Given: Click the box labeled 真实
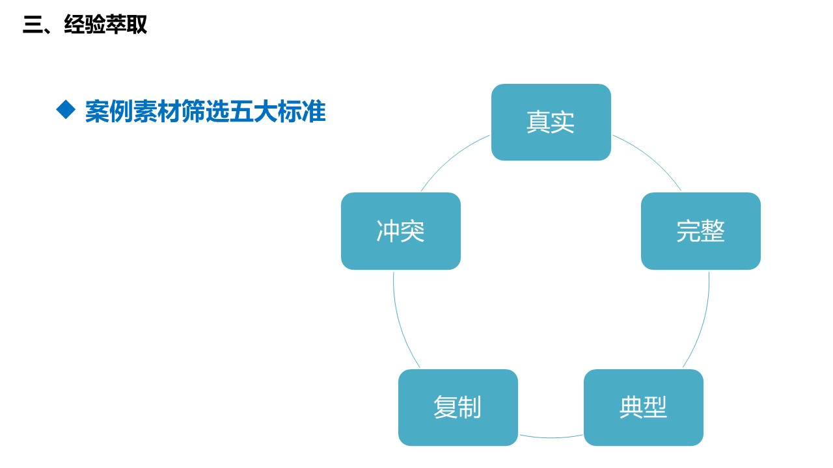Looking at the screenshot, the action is click(551, 122).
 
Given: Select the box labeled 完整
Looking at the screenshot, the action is click(701, 231).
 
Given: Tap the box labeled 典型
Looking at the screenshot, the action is click(644, 408).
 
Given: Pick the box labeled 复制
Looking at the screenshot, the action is click(457, 408).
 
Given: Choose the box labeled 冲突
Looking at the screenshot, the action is click(400, 231).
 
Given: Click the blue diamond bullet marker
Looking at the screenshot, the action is click(66, 110).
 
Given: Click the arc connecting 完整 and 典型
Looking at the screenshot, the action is click(703, 322).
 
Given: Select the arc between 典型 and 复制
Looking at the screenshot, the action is click(551, 437).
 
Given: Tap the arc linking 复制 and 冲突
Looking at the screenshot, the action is click(399, 322).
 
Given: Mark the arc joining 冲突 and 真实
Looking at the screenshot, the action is click(451, 157).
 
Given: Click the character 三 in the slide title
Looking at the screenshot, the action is click(33, 25).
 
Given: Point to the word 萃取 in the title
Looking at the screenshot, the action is click(126, 25).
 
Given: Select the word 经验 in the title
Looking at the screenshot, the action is click(85, 25).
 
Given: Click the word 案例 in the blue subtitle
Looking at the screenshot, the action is click(109, 111).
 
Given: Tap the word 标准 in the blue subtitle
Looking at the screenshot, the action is click(301, 111).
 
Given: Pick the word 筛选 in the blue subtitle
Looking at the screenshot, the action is click(206, 111).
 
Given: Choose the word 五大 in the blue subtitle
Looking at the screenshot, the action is click(254, 111).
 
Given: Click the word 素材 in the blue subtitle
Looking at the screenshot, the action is click(157, 111).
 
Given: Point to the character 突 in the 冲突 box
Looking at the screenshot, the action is click(413, 231).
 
